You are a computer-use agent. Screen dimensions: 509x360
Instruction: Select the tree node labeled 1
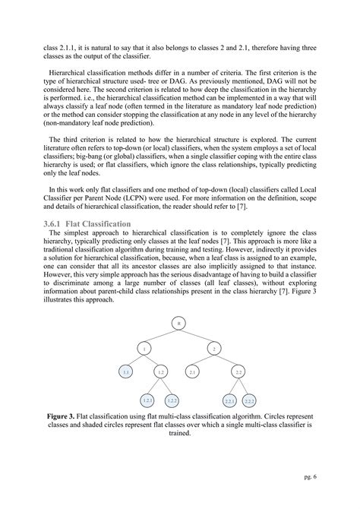144,348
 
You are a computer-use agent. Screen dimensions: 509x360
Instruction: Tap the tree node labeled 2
214,348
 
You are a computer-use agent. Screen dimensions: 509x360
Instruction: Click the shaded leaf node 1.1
127,372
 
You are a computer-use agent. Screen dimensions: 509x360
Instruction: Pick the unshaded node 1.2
160,372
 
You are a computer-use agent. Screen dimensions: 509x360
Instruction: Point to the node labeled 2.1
193,372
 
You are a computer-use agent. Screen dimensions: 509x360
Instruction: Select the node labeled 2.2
238,372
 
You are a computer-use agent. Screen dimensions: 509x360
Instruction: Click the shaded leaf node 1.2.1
147,400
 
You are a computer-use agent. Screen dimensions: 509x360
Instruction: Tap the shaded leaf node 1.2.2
172,400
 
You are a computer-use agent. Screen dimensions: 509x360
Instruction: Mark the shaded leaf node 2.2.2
250,400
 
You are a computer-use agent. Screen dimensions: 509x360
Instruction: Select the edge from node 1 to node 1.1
135,360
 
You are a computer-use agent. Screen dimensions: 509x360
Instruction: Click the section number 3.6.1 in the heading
60,223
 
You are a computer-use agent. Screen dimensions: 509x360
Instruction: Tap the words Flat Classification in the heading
104,223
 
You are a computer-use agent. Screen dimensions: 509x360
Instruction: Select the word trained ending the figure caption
179,435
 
